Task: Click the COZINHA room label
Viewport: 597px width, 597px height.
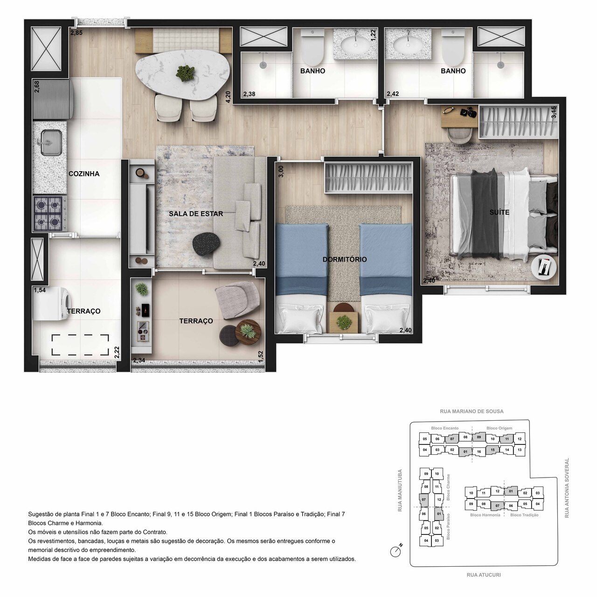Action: [x=84, y=174]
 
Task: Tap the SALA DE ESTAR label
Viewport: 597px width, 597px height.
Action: [x=196, y=214]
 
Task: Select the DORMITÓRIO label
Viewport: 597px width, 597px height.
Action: [x=345, y=259]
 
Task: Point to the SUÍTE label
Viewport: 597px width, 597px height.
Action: [x=499, y=212]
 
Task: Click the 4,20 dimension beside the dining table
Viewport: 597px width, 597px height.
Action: [x=228, y=96]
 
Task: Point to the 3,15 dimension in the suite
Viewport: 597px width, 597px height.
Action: [x=553, y=113]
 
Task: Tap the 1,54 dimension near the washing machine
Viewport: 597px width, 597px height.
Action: [x=40, y=290]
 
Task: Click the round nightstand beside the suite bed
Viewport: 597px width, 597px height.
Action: [x=544, y=267]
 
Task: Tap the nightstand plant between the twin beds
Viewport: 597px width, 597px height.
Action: [x=344, y=321]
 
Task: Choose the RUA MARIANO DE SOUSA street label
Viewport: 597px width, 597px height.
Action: [x=472, y=411]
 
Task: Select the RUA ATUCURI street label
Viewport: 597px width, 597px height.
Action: [x=484, y=575]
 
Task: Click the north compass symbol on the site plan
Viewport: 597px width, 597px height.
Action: [x=396, y=551]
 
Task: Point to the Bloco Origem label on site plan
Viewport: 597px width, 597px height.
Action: [x=499, y=428]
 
